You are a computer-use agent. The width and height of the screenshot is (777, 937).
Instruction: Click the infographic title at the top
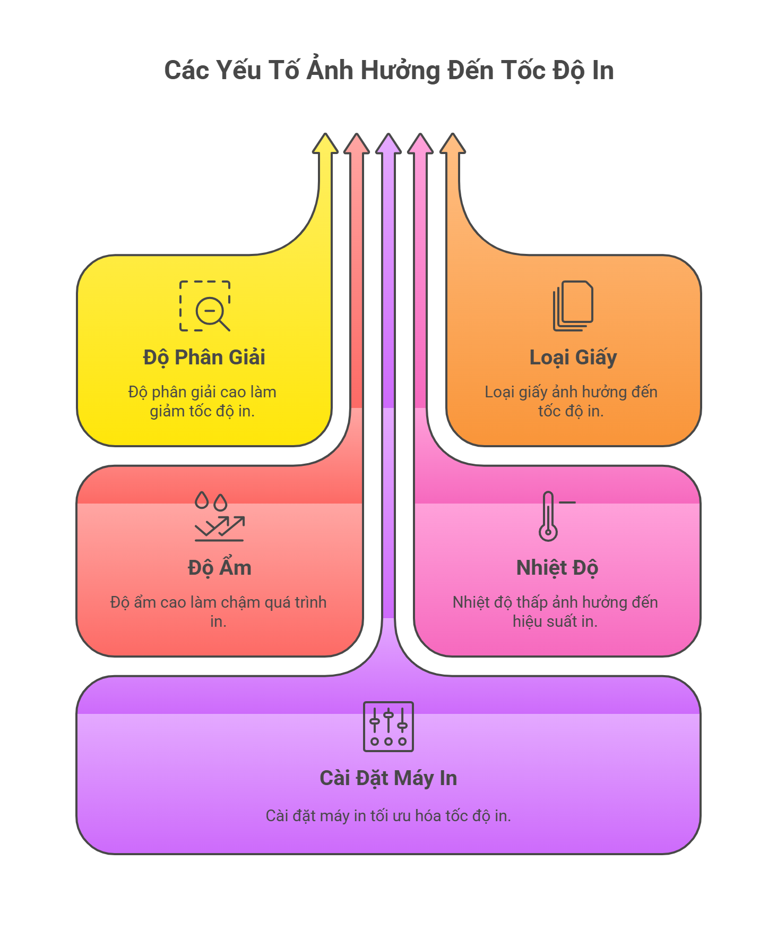(388, 71)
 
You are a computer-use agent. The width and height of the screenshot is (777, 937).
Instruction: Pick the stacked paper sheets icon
(573, 306)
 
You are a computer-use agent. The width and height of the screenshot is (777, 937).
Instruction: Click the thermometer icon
(550, 516)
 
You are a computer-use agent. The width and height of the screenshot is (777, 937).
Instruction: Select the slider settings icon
(388, 727)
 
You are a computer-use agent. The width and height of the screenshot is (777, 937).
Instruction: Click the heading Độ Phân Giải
(204, 357)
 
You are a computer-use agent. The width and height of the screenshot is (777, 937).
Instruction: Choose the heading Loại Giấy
(573, 357)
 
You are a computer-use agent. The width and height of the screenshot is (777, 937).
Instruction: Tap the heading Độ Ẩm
(219, 568)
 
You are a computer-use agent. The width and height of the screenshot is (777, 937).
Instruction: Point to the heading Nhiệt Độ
(557, 568)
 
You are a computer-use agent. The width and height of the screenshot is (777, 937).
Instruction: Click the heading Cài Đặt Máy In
(388, 778)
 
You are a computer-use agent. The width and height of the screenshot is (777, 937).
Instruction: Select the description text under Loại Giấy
(571, 402)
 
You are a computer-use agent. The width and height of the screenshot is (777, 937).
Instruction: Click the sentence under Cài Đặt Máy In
(388, 816)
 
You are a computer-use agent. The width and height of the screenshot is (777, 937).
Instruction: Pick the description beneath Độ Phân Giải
(202, 402)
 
